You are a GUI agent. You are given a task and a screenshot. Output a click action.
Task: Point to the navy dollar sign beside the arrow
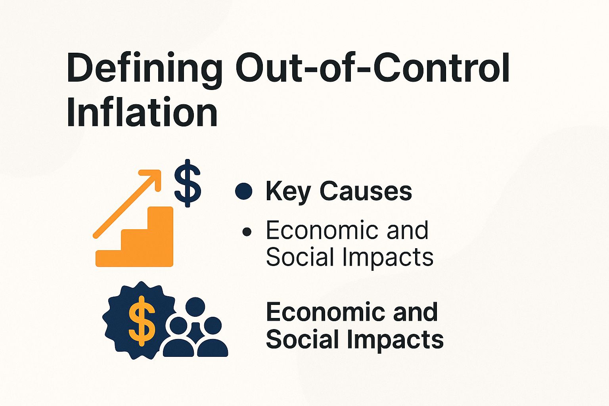pos(188,183)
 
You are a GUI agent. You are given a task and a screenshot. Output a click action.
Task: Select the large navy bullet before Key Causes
pos(243,191)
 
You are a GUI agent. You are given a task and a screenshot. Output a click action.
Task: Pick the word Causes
pos(366,191)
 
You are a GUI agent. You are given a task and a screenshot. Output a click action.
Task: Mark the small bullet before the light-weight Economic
pos(247,232)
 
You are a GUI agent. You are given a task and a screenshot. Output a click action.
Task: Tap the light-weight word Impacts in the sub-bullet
pos(387,258)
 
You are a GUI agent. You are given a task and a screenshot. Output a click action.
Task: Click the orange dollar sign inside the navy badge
pos(142,320)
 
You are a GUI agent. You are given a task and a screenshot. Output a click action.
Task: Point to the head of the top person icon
pos(195,307)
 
